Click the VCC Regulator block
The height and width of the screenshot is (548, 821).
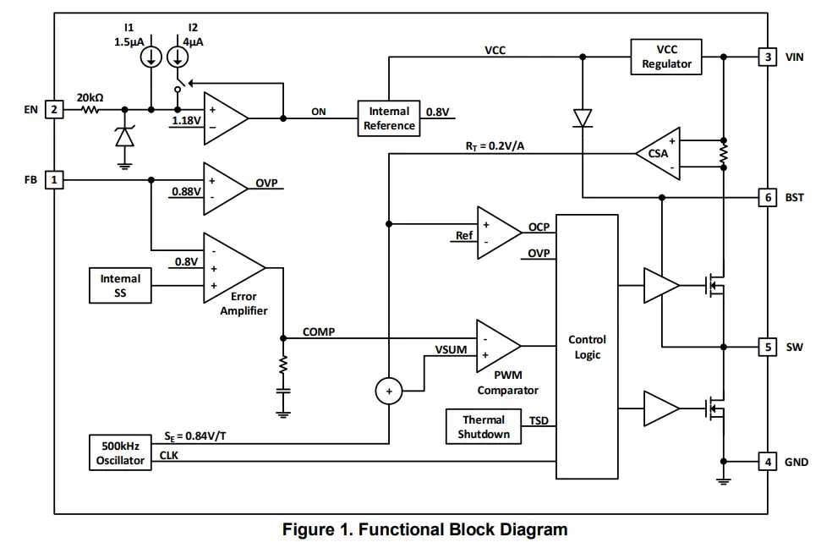[x=666, y=57]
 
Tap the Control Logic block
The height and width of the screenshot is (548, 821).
[x=587, y=347]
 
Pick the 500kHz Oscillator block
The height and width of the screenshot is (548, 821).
[x=120, y=453]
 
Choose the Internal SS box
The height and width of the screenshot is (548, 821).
[x=120, y=286]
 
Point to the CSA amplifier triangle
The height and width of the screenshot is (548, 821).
[x=659, y=154]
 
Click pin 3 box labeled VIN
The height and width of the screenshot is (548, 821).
[x=767, y=57]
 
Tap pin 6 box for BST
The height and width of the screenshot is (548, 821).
[x=767, y=197]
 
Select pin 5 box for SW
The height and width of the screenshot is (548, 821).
[x=767, y=347]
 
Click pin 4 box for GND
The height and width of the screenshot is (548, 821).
[x=767, y=462]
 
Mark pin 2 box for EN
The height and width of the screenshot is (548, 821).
[x=53, y=109]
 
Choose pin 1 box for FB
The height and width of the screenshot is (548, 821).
[x=53, y=179]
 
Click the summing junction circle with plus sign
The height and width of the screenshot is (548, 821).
[x=389, y=391]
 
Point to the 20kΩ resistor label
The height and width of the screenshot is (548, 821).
[x=90, y=97]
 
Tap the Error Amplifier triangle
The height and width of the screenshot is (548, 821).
[x=232, y=268]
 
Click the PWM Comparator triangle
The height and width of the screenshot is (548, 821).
[x=497, y=345]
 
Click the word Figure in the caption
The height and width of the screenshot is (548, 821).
[x=309, y=530]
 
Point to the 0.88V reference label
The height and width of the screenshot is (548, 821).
[x=186, y=191]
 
